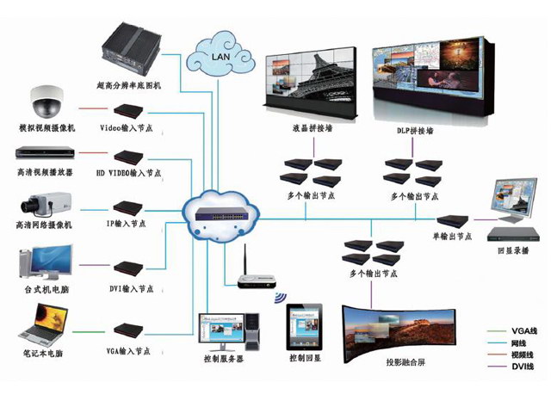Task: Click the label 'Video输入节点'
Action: (127, 128)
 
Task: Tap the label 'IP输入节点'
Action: (127, 225)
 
